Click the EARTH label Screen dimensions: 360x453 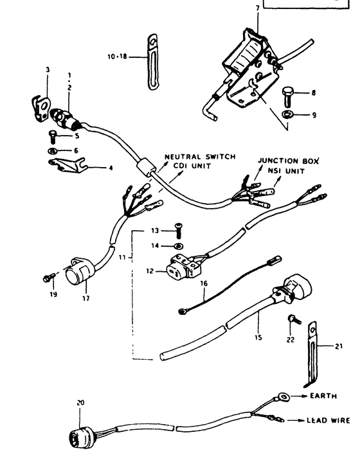click(x=323, y=396)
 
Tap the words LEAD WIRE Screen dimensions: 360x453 click(x=328, y=420)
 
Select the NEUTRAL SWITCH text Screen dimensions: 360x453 click(x=200, y=157)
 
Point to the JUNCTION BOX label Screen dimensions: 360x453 click(x=289, y=161)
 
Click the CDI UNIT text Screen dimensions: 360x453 click(x=192, y=166)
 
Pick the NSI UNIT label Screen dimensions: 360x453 click(x=286, y=171)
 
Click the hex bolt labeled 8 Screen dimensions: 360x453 click(x=287, y=96)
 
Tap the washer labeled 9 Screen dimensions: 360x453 click(x=287, y=114)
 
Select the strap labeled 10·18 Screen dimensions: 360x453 click(x=153, y=62)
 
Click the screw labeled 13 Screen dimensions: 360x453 click(x=179, y=231)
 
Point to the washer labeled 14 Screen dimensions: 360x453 click(x=179, y=246)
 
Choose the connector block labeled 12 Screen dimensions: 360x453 click(x=183, y=267)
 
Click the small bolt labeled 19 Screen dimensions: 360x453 click(x=49, y=278)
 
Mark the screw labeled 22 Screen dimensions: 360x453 click(x=294, y=319)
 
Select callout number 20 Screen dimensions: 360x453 click(x=80, y=402)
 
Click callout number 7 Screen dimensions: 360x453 click(x=258, y=8)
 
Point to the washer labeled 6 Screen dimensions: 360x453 click(x=52, y=150)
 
